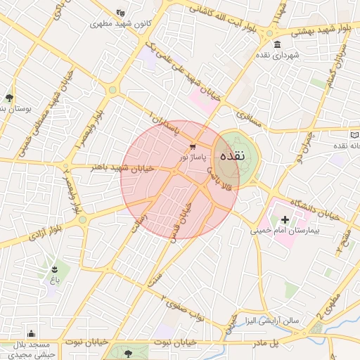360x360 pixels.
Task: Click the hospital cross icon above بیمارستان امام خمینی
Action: tap(285, 221)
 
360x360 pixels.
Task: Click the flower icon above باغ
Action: tap(54, 269)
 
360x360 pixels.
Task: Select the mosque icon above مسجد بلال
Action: tap(30, 334)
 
